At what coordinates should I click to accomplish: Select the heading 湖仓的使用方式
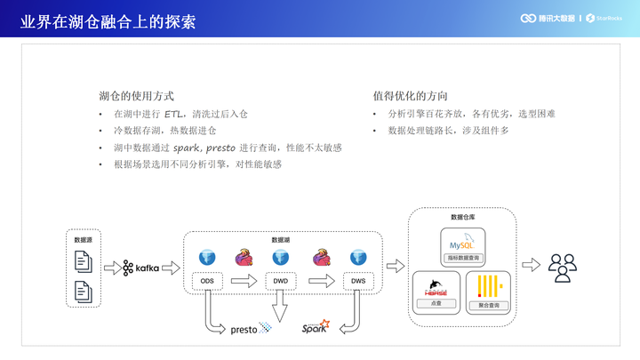(136, 96)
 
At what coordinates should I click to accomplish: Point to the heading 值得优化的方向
(411, 96)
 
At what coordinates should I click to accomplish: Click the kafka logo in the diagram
(141, 268)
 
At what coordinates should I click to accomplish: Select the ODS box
(207, 282)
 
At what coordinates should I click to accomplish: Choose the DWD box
(280, 282)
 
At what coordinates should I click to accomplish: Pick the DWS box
(357, 282)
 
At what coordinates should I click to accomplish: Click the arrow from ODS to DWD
(244, 282)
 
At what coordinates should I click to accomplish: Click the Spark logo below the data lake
(316, 327)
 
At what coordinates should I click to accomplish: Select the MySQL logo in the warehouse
(463, 242)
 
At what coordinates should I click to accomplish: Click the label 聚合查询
(488, 305)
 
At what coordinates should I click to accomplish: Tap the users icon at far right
(563, 267)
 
